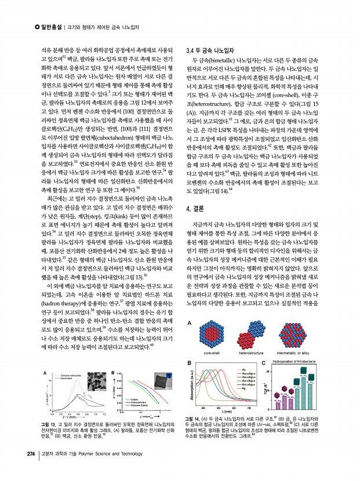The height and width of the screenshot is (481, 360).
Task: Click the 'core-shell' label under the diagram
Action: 208,352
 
